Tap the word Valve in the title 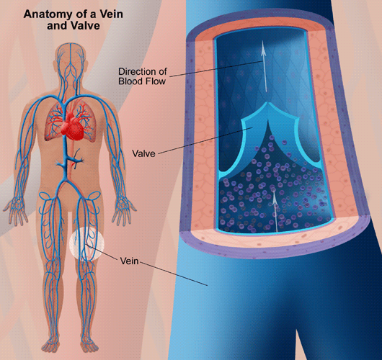86,26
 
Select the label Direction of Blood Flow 143,76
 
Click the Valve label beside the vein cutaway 143,153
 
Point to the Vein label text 129,261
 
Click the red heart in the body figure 71,126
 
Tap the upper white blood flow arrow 264,66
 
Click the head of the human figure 71,57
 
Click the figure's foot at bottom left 50,344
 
